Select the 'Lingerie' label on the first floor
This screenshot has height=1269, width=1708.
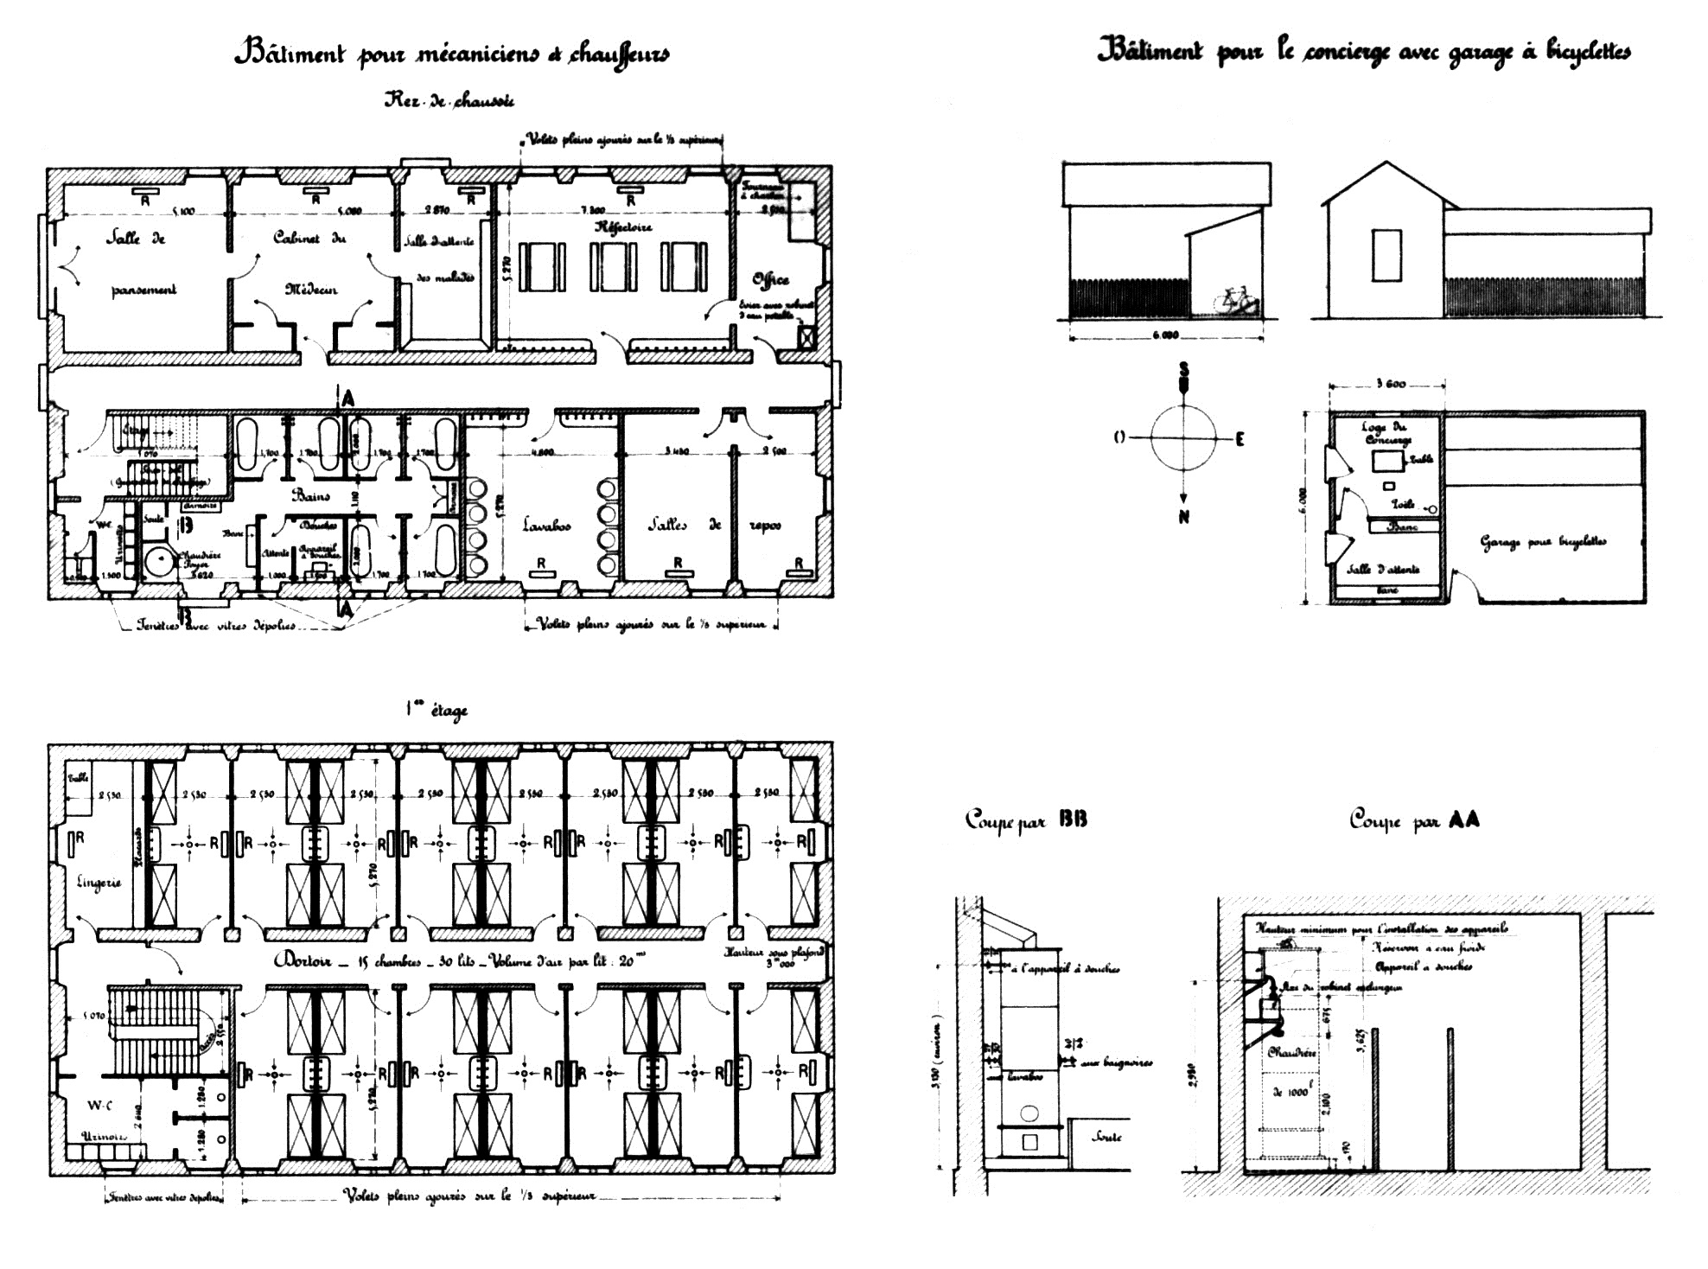[x=99, y=883]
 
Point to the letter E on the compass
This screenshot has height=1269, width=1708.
[x=1240, y=439]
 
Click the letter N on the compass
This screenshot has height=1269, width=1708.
[x=1184, y=517]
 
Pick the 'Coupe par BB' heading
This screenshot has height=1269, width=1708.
[x=1026, y=819]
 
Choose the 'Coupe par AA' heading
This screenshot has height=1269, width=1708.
[x=1414, y=819]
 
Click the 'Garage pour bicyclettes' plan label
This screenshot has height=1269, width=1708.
[x=1543, y=542]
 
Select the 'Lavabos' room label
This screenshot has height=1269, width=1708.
[x=546, y=525]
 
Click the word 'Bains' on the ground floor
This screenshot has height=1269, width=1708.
[x=310, y=495]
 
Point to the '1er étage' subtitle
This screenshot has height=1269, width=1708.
[x=437, y=710]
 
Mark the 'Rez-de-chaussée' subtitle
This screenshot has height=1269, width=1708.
[x=449, y=100]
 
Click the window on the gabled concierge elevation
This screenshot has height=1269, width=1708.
[x=1386, y=255]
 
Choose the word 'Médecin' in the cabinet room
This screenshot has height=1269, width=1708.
[x=311, y=289]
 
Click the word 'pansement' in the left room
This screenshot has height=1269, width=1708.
[x=143, y=290]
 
